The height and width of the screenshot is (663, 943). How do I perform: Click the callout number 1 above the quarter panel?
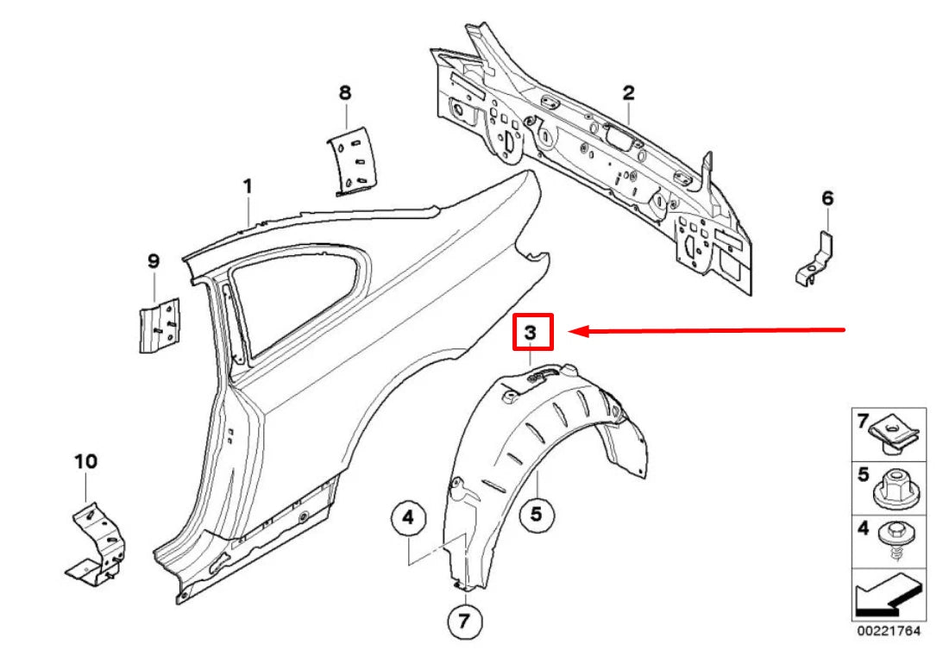pyautogui.click(x=248, y=186)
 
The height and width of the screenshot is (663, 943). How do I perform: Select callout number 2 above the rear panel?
pyautogui.click(x=628, y=92)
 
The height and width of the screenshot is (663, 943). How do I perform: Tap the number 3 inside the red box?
pyautogui.click(x=531, y=332)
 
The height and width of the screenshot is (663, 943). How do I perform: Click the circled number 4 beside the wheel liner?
pyautogui.click(x=408, y=519)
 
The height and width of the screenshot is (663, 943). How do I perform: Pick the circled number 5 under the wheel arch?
pyautogui.click(x=536, y=515)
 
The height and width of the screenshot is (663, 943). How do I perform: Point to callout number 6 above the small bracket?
pyautogui.click(x=827, y=199)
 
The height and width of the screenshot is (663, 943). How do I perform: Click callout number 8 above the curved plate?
pyautogui.click(x=345, y=92)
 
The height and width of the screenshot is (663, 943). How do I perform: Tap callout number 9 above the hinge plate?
pyautogui.click(x=154, y=260)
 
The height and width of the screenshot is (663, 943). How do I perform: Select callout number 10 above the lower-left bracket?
pyautogui.click(x=86, y=462)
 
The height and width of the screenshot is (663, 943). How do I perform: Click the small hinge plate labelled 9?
pyautogui.click(x=158, y=325)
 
